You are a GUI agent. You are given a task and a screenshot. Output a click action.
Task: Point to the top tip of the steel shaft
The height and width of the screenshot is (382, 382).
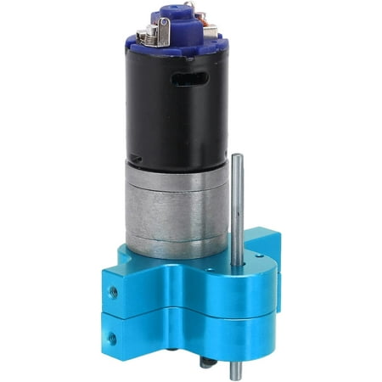click(x=237, y=157)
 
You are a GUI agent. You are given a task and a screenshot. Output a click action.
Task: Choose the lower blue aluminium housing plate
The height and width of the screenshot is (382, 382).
click(x=195, y=335)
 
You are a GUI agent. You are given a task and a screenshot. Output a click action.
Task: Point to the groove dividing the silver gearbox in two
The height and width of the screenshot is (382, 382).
click(x=175, y=202)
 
